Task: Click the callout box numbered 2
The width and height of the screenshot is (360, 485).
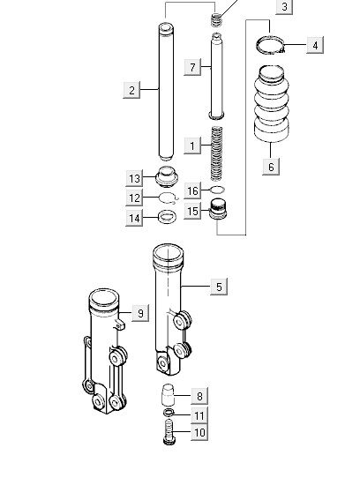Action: click(131, 90)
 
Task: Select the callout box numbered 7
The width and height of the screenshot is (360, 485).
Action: click(192, 67)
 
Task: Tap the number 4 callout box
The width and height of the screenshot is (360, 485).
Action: click(315, 45)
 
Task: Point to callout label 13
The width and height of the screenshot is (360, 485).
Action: click(134, 178)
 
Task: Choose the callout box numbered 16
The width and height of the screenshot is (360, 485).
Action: click(192, 190)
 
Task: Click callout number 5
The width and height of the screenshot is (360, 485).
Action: click(219, 287)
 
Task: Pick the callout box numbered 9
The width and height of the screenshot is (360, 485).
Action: click(140, 313)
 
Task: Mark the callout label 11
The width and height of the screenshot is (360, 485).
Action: click(199, 415)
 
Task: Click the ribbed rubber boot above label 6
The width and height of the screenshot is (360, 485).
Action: click(272, 104)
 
